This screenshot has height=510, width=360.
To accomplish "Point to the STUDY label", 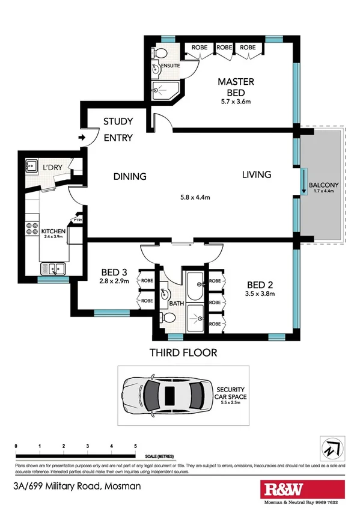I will tap(118, 121).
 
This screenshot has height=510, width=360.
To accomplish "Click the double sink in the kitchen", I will tap(52, 268).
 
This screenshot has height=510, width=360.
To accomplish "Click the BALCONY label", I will tap(324, 185).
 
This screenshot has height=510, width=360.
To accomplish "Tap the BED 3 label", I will tap(112, 271).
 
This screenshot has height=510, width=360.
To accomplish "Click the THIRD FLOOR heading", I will tap(183, 352).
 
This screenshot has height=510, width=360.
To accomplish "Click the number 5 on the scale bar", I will tap(135, 446).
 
